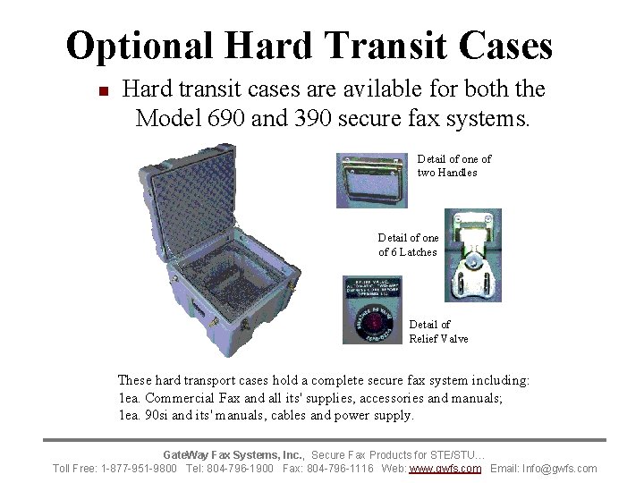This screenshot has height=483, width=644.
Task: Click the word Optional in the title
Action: [x=138, y=46]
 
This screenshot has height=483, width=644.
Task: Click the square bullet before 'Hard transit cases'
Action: [x=103, y=91]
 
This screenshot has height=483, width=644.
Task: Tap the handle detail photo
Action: [x=372, y=180]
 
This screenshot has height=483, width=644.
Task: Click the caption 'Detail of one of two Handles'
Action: [x=453, y=165]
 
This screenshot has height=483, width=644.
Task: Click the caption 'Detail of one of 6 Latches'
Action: [x=408, y=245]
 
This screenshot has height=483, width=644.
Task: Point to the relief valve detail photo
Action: [x=372, y=309]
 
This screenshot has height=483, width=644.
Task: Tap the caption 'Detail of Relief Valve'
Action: [x=437, y=331]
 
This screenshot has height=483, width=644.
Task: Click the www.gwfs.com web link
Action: [x=445, y=469]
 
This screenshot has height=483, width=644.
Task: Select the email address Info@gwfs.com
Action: [x=565, y=469]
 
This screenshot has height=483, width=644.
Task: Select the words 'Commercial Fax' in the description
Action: [x=189, y=397]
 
